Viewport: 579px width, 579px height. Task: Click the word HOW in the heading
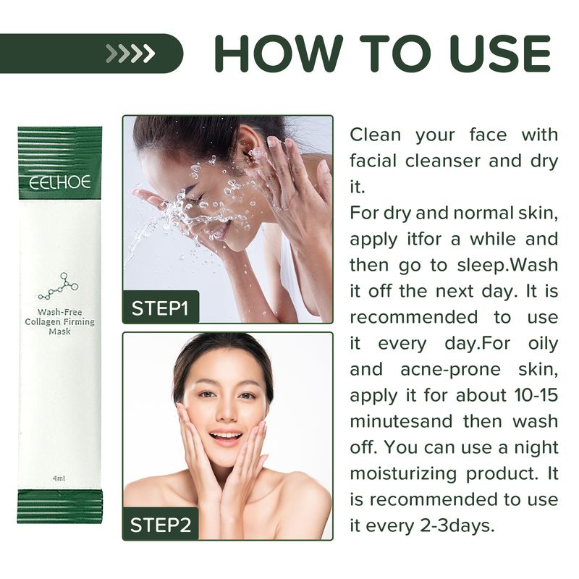(x=279, y=53)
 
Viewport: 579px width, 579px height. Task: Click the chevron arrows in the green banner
(x=130, y=53)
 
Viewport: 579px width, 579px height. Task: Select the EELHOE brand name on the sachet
(x=59, y=182)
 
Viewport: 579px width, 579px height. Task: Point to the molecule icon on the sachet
(x=59, y=285)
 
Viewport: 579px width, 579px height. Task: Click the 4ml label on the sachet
(x=59, y=478)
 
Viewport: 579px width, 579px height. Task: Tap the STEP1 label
(x=160, y=308)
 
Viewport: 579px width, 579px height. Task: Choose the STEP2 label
(x=161, y=525)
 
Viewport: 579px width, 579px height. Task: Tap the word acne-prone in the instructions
(x=450, y=370)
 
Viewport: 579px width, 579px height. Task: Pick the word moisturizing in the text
(x=403, y=474)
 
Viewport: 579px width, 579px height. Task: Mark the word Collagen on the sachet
(x=43, y=322)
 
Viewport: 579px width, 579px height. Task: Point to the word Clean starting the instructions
(x=375, y=135)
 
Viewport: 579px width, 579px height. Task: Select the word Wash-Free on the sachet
(x=60, y=312)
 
